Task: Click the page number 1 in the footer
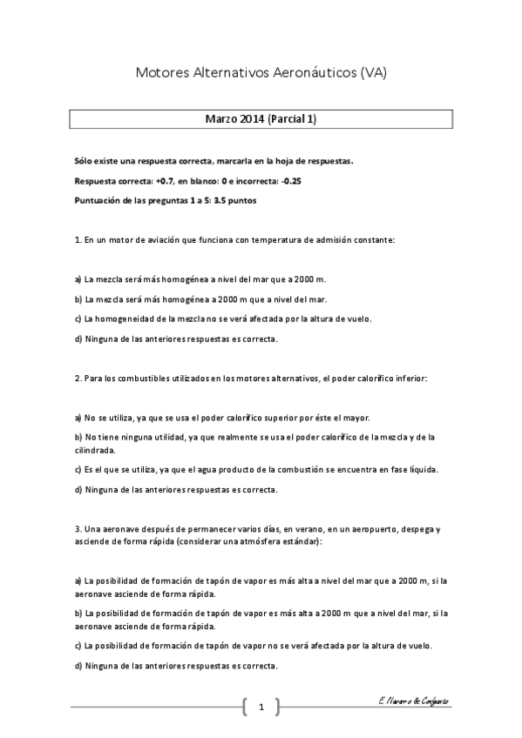261,708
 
